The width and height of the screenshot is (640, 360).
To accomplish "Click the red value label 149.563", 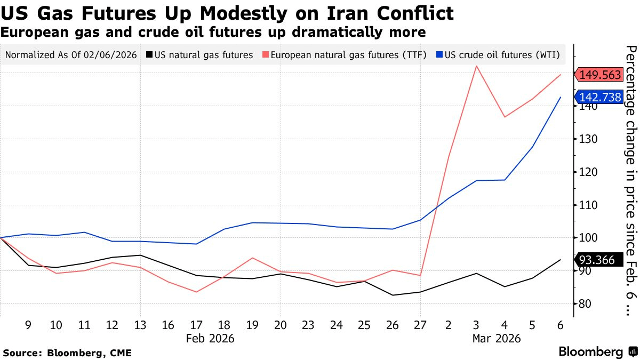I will (x=600, y=75).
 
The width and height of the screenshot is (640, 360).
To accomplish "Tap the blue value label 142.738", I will (x=600, y=97).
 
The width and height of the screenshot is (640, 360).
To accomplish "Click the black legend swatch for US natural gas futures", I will (x=149, y=55).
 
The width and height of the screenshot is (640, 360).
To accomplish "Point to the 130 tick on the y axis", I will (x=586, y=139).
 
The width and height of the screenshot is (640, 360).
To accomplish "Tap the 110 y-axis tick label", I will (x=586, y=205).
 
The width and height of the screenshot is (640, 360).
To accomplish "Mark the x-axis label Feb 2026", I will (x=210, y=338).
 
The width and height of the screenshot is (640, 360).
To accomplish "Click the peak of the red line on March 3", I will (x=476, y=66).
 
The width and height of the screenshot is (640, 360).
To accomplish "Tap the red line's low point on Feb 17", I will (x=196, y=292).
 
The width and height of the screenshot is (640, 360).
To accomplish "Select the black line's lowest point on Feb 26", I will (x=392, y=295).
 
